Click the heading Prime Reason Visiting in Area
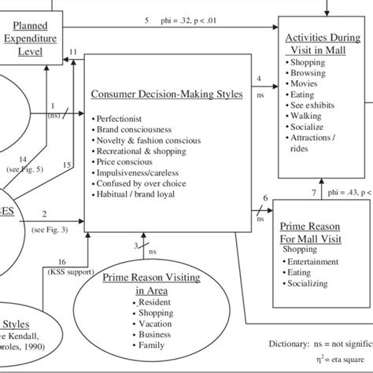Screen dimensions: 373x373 point(145,283)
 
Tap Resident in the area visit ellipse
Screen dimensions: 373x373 point(154,301)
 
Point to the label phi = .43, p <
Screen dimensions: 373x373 point(345,191)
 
